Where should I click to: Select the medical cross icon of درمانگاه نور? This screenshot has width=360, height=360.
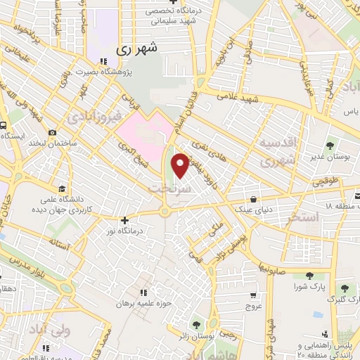pyautogui.click(x=124, y=220)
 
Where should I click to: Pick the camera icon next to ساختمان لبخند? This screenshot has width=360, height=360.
pyautogui.click(x=52, y=133)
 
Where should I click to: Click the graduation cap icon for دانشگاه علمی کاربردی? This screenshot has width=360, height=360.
pyautogui.click(x=62, y=188)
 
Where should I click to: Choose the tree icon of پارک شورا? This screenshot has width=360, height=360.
pyautogui.click(x=304, y=276)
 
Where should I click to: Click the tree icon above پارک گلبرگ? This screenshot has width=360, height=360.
pyautogui.click(x=344, y=288)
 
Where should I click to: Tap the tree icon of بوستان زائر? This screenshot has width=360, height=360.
pyautogui.click(x=193, y=325)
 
